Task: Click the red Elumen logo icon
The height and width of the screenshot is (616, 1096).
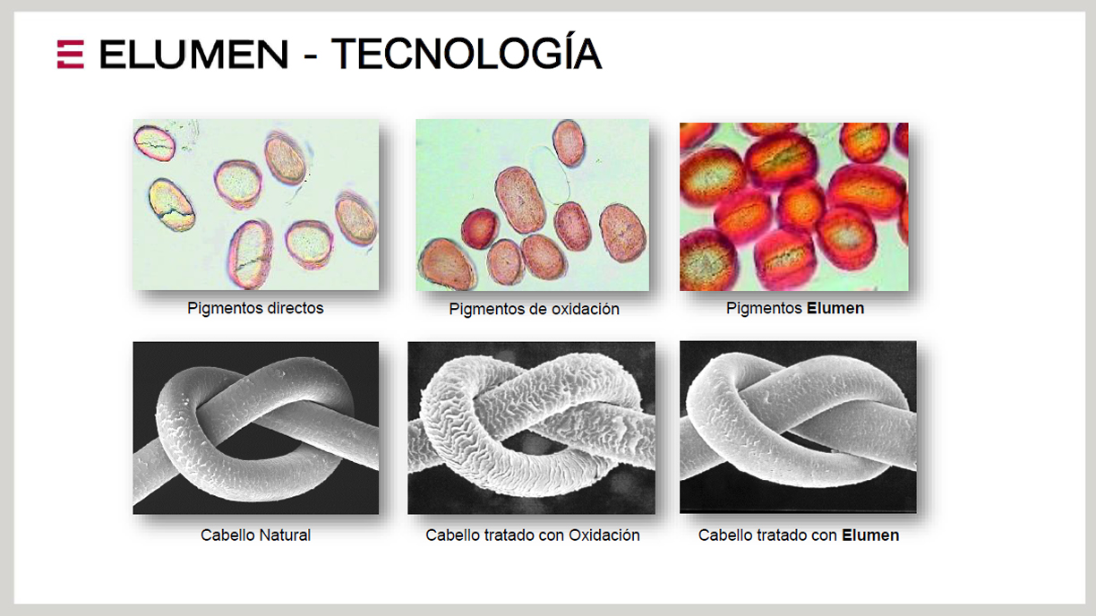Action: [x=71, y=54]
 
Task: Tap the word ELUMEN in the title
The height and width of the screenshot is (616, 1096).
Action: [x=194, y=54]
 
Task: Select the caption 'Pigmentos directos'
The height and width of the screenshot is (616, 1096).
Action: [x=255, y=308]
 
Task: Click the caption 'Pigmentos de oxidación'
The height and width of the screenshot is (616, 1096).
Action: [x=534, y=309]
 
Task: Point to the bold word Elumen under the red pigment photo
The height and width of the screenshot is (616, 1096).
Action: [x=835, y=308]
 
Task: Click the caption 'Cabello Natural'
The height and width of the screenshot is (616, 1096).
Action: [x=255, y=535]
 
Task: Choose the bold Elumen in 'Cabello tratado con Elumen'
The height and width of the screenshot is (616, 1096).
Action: [x=870, y=535]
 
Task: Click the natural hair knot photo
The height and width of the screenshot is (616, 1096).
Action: [x=255, y=428]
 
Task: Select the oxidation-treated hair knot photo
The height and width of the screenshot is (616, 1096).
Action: [x=531, y=428]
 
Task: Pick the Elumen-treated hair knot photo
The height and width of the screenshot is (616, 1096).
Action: [x=798, y=427]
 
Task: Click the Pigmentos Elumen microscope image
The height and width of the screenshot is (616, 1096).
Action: [x=793, y=207]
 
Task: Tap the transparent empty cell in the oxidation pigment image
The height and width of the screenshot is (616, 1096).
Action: [x=549, y=174]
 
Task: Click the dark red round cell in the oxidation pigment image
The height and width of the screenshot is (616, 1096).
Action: [x=480, y=228]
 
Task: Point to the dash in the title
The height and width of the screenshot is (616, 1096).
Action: [x=310, y=57]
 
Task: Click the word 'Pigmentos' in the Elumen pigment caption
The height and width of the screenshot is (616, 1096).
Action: [x=764, y=308]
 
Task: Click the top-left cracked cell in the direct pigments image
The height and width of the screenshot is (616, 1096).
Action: [x=154, y=143]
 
